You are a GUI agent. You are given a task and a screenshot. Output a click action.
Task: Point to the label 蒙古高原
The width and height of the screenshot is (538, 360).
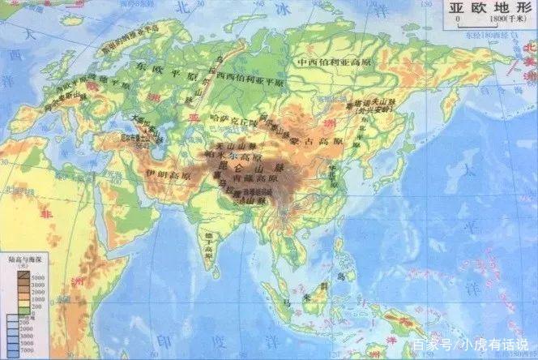click(331, 141)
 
